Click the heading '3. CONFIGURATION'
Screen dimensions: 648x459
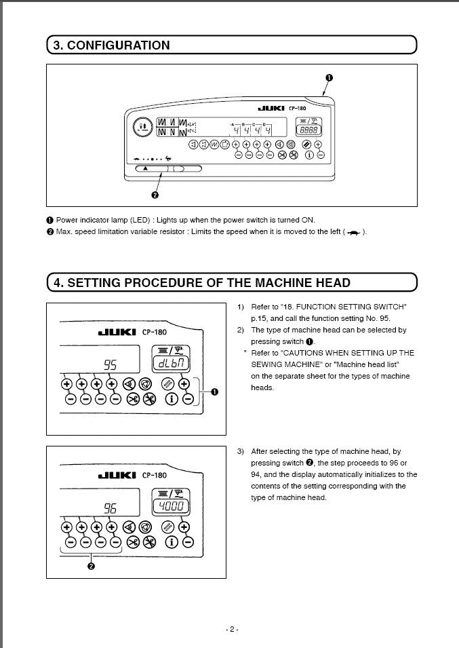(112, 45)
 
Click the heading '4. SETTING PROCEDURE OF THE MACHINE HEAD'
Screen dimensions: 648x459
(202, 282)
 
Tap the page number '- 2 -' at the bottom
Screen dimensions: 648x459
(231, 629)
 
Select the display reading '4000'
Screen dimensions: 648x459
(166, 506)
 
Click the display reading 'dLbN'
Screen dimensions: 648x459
(166, 364)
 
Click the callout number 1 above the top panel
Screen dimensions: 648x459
(330, 77)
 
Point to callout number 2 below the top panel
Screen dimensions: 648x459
(155, 195)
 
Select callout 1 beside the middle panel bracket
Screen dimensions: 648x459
(215, 392)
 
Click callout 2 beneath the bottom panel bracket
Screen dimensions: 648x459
(91, 568)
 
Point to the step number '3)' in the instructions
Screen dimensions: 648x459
(241, 451)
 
